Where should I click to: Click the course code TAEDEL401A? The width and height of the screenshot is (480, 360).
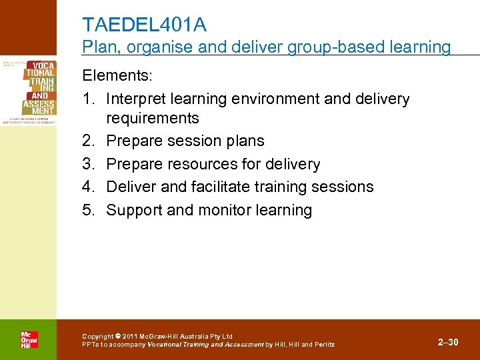[x=144, y=25]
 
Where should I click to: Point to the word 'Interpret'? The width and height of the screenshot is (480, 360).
[x=137, y=99]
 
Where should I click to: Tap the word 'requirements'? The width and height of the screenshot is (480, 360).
[x=153, y=118]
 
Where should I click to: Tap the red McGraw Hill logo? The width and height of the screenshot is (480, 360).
[x=29, y=339]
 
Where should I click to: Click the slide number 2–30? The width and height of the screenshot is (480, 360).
[x=448, y=342]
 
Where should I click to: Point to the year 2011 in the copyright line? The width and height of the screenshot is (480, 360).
[x=132, y=336]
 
